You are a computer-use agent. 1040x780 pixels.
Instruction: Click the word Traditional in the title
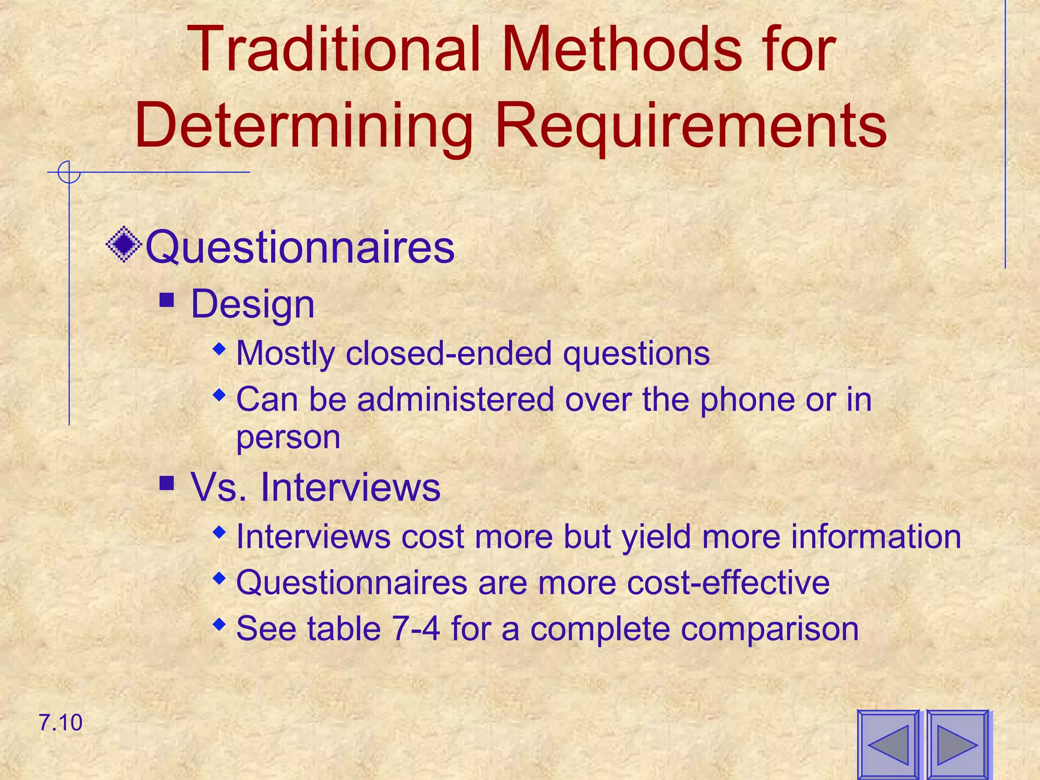[x=335, y=50]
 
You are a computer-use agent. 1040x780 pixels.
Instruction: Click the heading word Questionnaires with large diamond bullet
[x=300, y=247]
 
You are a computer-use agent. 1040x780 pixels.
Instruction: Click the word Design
[x=252, y=305]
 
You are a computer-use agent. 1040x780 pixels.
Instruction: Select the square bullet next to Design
[x=167, y=300]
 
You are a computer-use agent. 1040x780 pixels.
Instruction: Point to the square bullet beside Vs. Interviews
[x=167, y=483]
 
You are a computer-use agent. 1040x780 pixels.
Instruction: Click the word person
[x=288, y=438]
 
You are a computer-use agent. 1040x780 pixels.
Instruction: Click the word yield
[x=656, y=537]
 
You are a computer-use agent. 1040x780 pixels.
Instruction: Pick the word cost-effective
[x=728, y=582]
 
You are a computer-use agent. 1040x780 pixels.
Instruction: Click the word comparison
[x=770, y=629]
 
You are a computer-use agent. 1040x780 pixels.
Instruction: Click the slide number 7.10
[x=60, y=723]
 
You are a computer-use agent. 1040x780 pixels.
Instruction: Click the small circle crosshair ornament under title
[x=69, y=172]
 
